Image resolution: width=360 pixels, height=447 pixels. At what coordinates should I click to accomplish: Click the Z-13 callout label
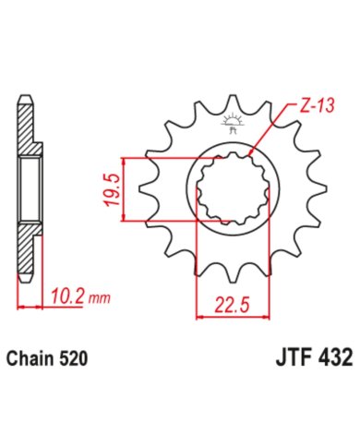pyautogui.click(x=317, y=106)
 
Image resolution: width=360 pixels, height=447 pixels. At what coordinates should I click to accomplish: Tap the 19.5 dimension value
pyautogui.click(x=112, y=190)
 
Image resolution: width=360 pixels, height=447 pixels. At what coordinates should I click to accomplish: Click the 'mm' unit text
pyautogui.click(x=99, y=298)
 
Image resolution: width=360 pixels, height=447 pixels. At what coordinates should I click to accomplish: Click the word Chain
pyautogui.click(x=28, y=359)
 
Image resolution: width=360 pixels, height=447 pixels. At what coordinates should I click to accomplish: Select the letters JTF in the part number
pyautogui.click(x=293, y=358)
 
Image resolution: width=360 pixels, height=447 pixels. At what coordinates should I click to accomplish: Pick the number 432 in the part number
pyautogui.click(x=334, y=358)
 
